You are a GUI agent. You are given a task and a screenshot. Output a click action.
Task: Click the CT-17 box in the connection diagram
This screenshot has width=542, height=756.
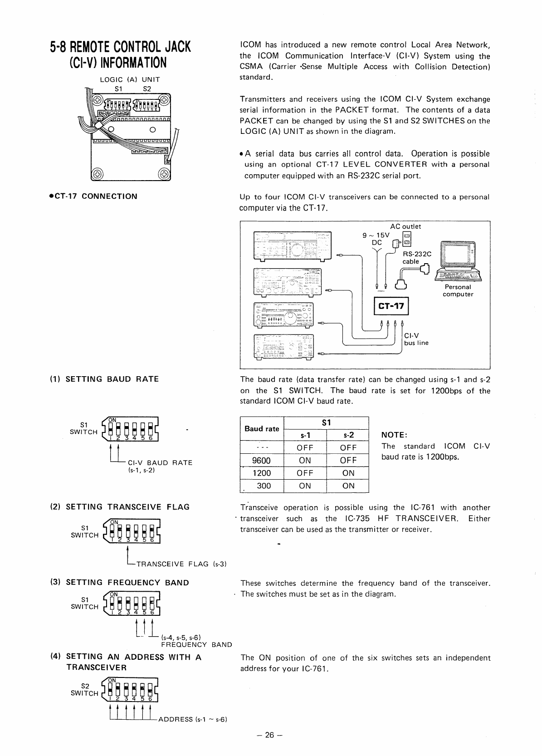click(x=391, y=306)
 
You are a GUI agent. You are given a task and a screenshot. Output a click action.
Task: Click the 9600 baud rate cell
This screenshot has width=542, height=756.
click(x=261, y=461)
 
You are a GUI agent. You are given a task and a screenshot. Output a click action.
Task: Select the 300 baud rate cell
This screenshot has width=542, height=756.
click(x=264, y=486)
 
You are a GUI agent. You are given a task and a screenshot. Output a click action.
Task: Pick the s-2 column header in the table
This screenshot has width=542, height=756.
click(x=348, y=435)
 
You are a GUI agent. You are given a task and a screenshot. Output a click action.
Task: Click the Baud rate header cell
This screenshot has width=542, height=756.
click(x=262, y=429)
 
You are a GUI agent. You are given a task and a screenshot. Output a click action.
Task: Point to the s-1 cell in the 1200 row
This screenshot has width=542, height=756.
click(x=305, y=473)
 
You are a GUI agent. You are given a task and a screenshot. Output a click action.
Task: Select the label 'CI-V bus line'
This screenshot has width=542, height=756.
click(x=416, y=339)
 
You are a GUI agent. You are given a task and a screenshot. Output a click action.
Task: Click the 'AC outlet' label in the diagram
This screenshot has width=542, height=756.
click(x=405, y=226)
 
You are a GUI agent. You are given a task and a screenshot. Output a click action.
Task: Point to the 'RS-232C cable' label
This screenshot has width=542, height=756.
click(x=416, y=258)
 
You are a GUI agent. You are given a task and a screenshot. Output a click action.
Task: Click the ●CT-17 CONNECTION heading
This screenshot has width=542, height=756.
click(x=93, y=196)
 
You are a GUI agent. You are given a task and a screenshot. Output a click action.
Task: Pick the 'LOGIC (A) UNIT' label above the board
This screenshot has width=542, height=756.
click(x=130, y=79)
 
